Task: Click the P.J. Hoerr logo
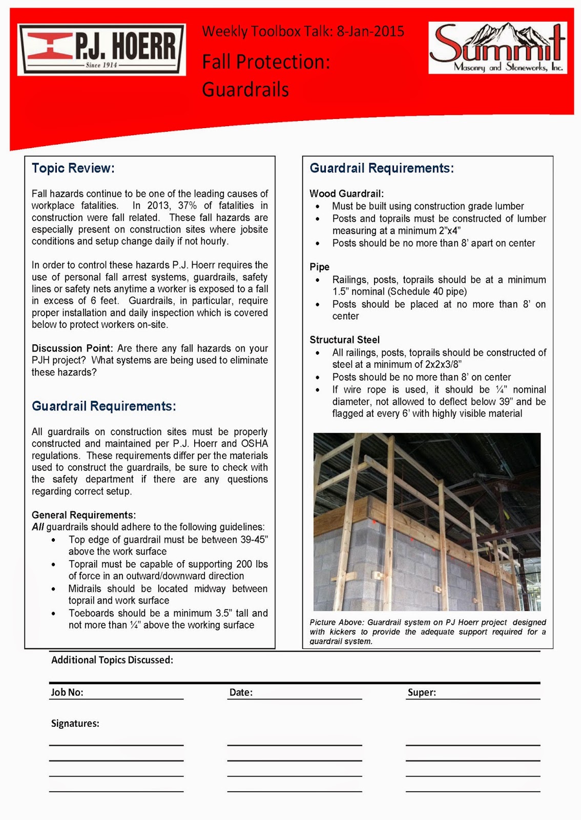tap(102, 50)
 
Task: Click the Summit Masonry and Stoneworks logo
tap(497, 48)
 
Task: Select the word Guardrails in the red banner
tap(245, 90)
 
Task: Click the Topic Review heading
tap(73, 168)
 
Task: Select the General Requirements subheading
tap(84, 515)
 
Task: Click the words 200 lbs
tap(252, 564)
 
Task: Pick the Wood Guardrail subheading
tap(346, 194)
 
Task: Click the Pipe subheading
tap(319, 267)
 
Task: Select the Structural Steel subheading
tap(344, 340)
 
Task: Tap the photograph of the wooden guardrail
tap(427, 522)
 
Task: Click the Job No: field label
tap(67, 692)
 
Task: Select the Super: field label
tap(422, 692)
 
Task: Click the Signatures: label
tap(75, 724)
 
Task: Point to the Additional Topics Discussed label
tap(112, 660)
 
